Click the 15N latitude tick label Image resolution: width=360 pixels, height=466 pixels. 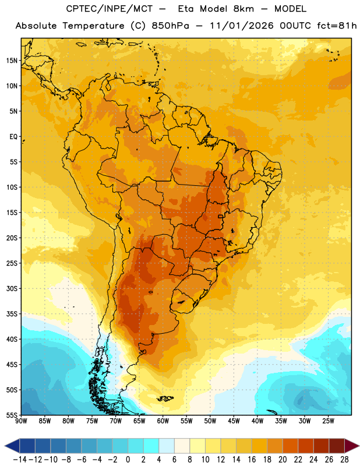[x=12, y=61]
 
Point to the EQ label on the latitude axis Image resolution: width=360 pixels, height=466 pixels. [x=13, y=137]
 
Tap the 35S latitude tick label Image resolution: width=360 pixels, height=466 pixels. [x=12, y=314]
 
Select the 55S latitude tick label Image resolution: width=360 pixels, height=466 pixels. [x=12, y=415]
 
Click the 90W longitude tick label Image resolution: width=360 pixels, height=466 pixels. [x=22, y=421]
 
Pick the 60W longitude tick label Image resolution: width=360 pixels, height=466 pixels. [x=163, y=421]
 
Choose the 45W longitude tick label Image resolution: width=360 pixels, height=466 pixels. [x=234, y=421]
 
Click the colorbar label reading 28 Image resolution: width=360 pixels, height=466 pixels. [x=344, y=460]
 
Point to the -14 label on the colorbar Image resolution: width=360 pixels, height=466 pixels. [x=20, y=460]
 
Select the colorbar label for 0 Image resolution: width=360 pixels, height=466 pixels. [x=128, y=460]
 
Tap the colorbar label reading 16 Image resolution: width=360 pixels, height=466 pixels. [x=252, y=460]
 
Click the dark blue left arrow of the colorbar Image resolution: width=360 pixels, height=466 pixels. [x=12, y=446]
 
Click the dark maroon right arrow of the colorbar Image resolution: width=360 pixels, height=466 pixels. [x=352, y=446]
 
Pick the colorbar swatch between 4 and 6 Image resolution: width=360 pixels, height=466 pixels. [x=167, y=446]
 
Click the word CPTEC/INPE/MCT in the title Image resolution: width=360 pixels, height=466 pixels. [x=109, y=9]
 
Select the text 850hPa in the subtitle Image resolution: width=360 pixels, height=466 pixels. [x=170, y=26]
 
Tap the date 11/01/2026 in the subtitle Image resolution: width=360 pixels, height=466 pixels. [x=242, y=26]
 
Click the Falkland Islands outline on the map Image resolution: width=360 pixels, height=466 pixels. [x=165, y=398]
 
